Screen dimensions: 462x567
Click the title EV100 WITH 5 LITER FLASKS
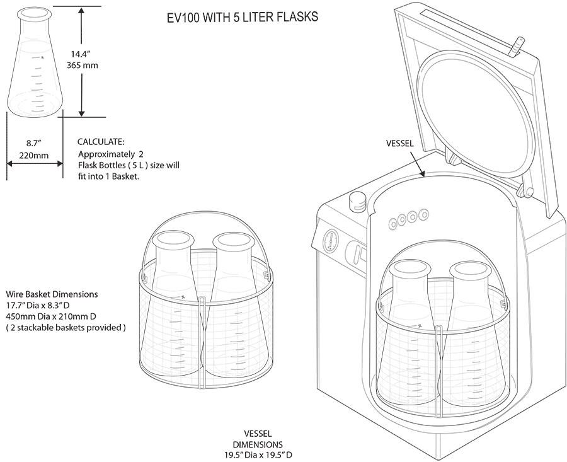[x=243, y=17]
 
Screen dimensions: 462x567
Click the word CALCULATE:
[x=101, y=142]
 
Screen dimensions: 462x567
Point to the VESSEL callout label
[x=399, y=144]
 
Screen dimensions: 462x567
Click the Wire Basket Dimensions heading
[x=52, y=294]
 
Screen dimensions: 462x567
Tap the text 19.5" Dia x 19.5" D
[x=259, y=454]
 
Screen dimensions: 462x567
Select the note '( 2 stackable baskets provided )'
[x=66, y=328]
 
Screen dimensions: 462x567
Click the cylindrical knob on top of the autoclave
[x=357, y=200]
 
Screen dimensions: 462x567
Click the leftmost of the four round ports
[x=393, y=222]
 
